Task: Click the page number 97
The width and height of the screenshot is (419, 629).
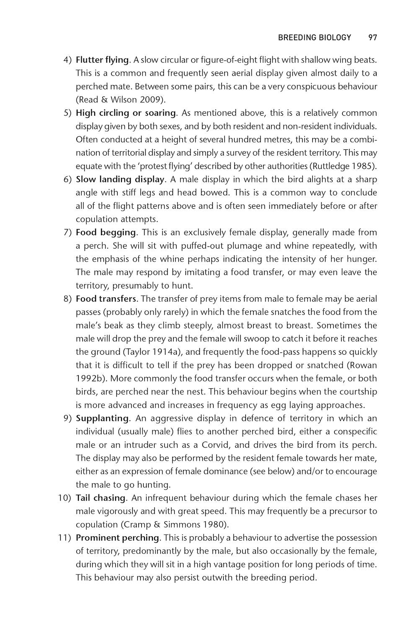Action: coord(372,38)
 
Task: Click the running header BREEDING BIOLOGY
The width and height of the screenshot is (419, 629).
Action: coord(314,38)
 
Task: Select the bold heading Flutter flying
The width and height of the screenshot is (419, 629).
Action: coord(102,60)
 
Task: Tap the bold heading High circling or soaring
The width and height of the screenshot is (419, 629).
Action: coord(126,113)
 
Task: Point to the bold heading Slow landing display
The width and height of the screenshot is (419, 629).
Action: coord(120,179)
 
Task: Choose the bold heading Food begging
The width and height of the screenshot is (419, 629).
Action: coord(106,232)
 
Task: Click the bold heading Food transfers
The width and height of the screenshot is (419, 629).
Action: coord(106,299)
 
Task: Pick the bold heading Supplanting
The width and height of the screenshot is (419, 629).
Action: coord(102,418)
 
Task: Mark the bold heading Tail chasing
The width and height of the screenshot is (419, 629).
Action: coord(101,498)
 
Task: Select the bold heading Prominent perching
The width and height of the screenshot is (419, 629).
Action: coord(117,538)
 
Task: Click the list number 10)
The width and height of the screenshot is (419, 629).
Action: coord(65,498)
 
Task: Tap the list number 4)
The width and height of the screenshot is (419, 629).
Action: coord(67,60)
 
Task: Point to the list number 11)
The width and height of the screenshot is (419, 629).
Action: coord(65,538)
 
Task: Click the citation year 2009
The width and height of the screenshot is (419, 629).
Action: coord(152,100)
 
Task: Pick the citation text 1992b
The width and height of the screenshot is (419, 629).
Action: coord(90,378)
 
